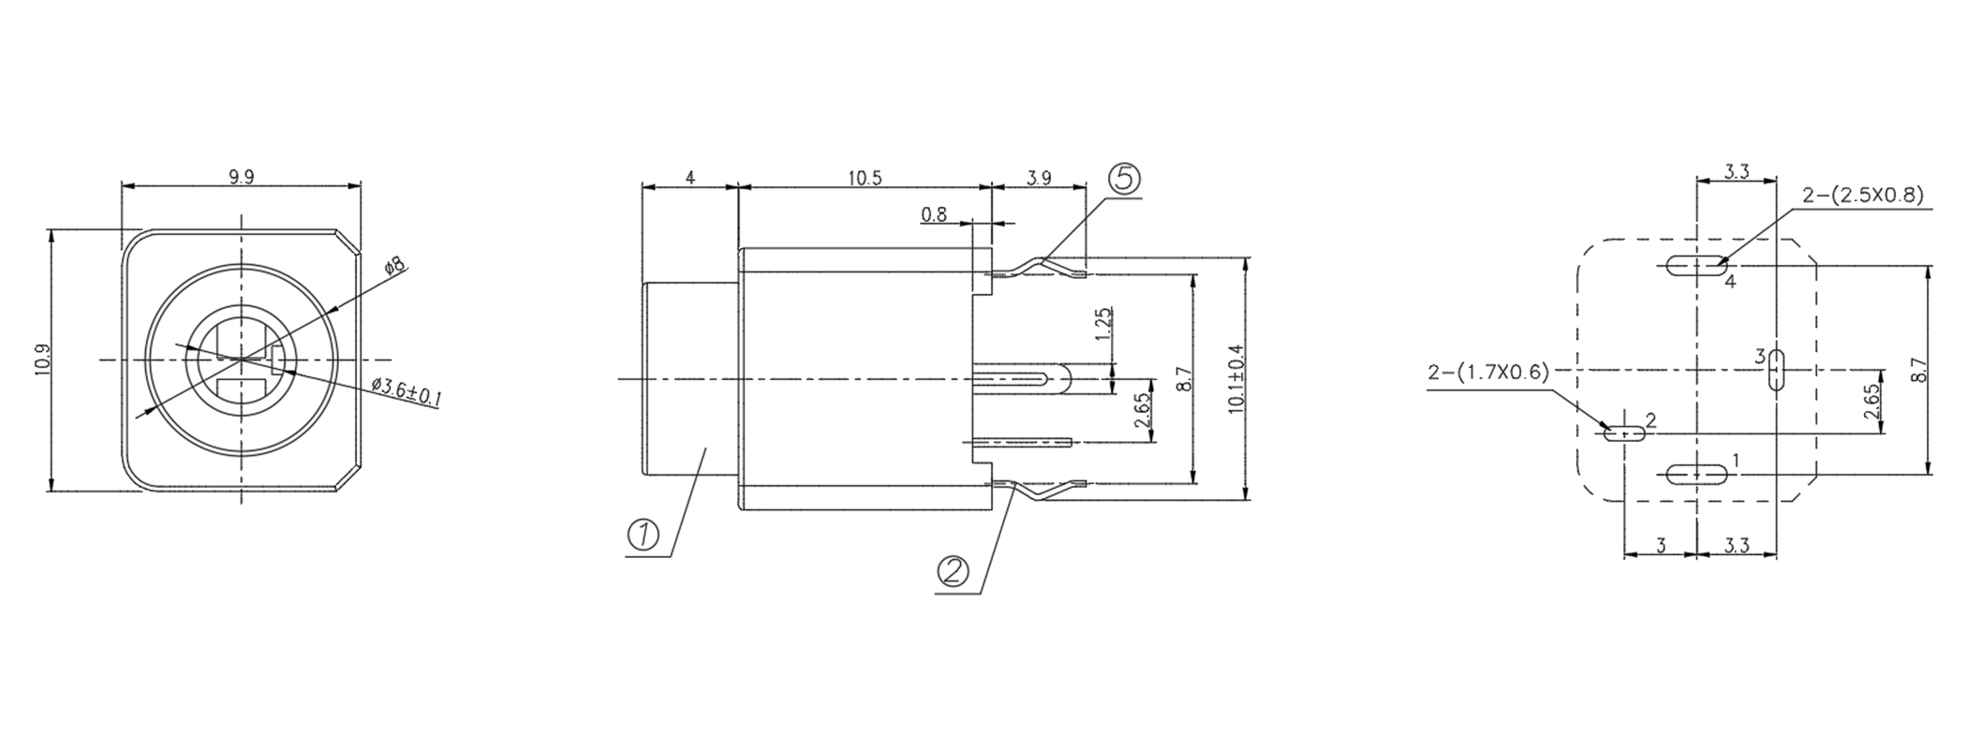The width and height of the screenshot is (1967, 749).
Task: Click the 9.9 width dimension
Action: pyautogui.click(x=241, y=177)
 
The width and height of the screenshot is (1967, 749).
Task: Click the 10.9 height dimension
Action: pyautogui.click(x=42, y=360)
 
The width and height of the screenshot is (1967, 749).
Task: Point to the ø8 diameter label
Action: pyautogui.click(x=395, y=265)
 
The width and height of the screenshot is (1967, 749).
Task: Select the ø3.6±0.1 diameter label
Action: pyautogui.click(x=407, y=391)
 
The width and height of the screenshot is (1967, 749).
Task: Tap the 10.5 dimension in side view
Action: pyautogui.click(x=865, y=178)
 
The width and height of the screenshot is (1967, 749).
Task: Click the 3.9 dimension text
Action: pyautogui.click(x=1038, y=178)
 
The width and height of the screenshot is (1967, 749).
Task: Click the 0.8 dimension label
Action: pyautogui.click(x=934, y=214)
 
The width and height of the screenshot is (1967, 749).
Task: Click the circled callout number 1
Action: pyautogui.click(x=643, y=536)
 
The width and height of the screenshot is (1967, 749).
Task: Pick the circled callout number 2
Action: pyautogui.click(x=953, y=570)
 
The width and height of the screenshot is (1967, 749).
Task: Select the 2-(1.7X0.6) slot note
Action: pyautogui.click(x=1488, y=372)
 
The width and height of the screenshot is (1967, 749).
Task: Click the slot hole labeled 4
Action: pyautogui.click(x=1697, y=265)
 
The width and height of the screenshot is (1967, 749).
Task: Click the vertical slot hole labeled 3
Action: pyautogui.click(x=1775, y=370)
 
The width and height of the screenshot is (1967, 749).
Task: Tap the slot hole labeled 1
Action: pyautogui.click(x=1697, y=475)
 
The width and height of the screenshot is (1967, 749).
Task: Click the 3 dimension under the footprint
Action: pyautogui.click(x=1661, y=545)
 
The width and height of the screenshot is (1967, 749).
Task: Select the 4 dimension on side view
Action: pyautogui.click(x=690, y=178)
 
